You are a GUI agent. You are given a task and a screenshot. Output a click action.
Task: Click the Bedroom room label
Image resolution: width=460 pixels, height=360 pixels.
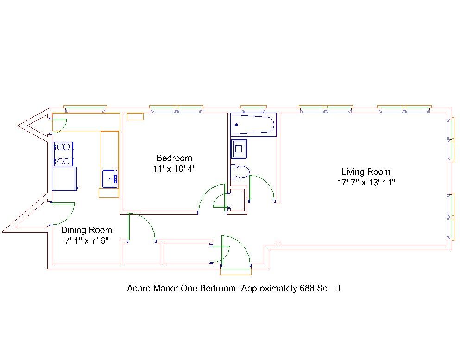point(174,158)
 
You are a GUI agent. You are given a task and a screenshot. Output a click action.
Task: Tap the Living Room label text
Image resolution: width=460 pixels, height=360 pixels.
point(365,171)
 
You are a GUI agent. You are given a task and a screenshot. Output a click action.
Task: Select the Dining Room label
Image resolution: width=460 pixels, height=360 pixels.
point(87,230)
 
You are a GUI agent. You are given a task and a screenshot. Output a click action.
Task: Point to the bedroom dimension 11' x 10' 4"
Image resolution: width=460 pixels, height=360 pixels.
point(174,169)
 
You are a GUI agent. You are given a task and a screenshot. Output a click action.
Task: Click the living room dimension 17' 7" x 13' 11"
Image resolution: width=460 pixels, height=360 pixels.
point(366,183)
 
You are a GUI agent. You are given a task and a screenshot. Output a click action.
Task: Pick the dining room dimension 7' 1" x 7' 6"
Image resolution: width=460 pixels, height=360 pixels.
point(87,241)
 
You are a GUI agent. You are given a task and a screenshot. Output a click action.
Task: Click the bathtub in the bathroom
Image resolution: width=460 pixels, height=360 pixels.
point(253,124)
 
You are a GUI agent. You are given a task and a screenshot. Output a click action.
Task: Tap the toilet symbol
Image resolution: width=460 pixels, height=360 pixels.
point(240,172)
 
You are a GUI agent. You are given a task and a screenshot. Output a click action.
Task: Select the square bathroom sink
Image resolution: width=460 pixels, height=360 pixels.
point(239,149)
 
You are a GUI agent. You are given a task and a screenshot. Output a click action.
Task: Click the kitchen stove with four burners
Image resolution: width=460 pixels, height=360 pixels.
point(63,154)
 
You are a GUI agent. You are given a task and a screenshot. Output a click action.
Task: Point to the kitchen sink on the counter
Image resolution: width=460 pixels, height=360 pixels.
point(110,178)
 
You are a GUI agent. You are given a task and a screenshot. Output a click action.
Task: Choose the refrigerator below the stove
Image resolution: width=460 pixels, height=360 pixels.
point(65,179)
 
